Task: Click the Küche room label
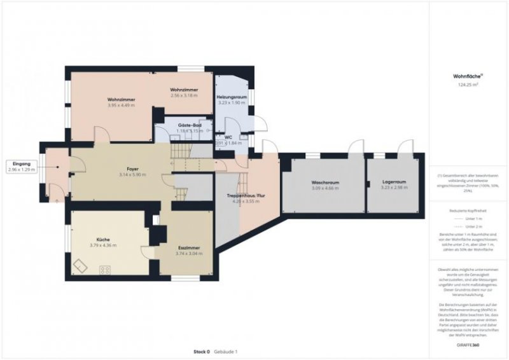coord(102,239)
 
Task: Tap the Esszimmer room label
coord(188,247)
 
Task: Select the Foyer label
coord(132,169)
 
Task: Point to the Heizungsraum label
coord(231,97)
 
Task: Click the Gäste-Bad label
coord(189,125)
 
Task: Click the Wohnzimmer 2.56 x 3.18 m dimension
coord(184,96)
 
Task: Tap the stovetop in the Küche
coord(105,270)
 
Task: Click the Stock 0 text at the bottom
coord(202,352)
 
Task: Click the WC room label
coord(228,137)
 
